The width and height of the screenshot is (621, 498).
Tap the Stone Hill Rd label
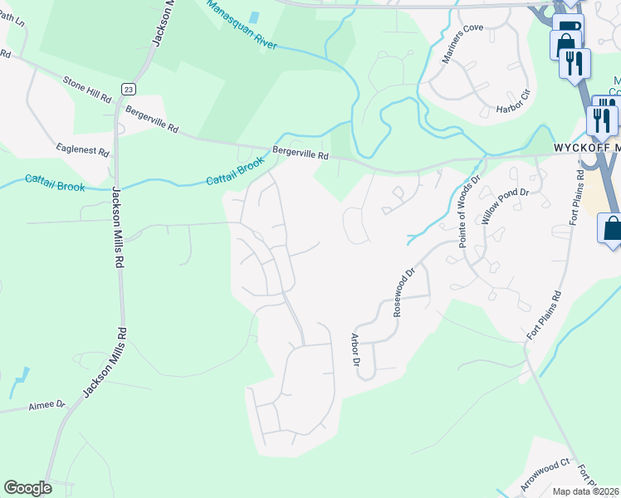(87, 88)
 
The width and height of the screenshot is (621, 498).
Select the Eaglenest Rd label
(82, 152)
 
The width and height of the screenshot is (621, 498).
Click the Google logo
(27, 488)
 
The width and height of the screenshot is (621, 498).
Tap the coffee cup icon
(568, 27)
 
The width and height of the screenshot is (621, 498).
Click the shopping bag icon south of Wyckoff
(612, 227)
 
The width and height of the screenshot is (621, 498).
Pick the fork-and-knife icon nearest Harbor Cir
(575, 62)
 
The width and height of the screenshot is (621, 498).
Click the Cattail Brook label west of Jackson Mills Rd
(55, 182)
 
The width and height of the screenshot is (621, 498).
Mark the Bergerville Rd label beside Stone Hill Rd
(151, 119)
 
